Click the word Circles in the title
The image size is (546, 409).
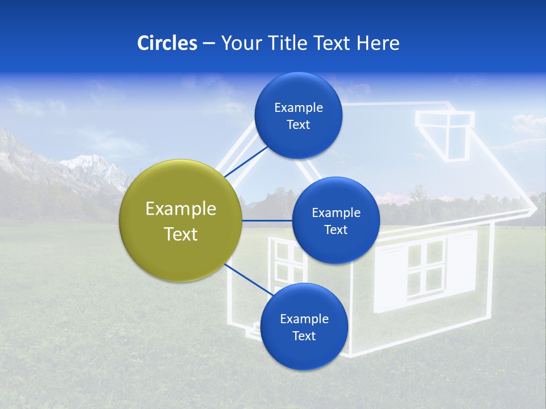pos(167,43)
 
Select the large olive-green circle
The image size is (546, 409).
pos(181,220)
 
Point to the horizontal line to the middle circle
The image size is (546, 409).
pos(267,220)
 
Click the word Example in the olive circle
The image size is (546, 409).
pos(181,209)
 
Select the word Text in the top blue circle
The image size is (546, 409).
pos(298,125)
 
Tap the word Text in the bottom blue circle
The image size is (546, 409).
pos(304,336)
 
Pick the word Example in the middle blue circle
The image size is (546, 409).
pos(336,213)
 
